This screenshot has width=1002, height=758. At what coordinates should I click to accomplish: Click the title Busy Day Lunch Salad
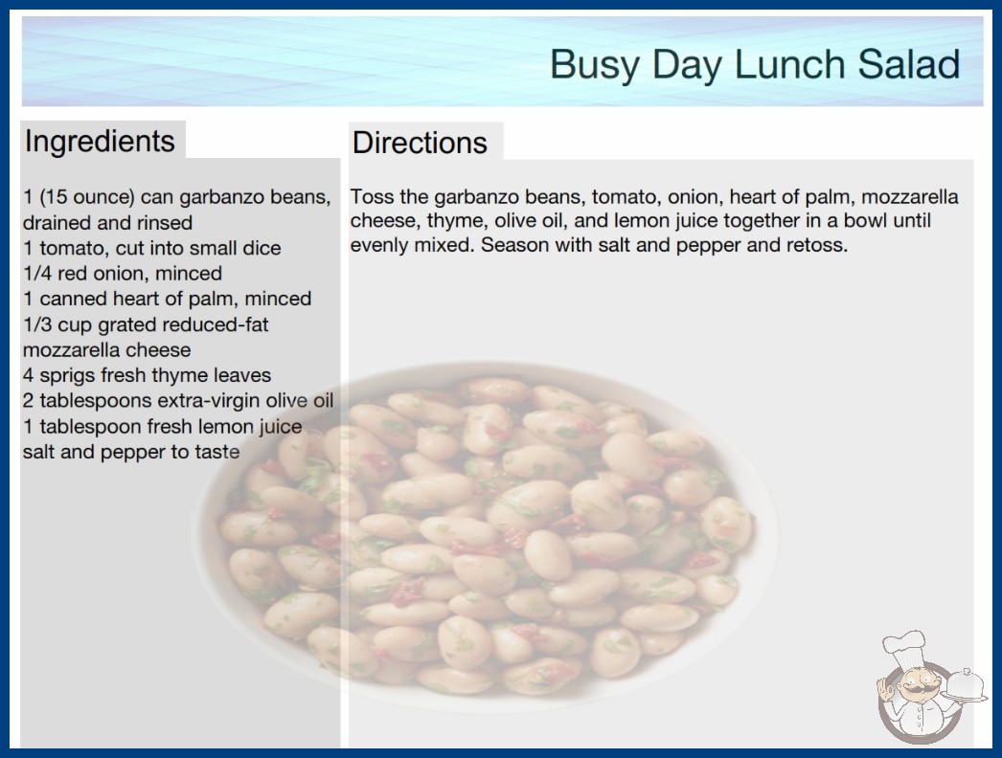(755, 64)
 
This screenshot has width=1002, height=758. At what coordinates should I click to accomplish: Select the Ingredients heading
(100, 142)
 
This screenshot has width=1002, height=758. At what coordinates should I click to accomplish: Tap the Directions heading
(420, 143)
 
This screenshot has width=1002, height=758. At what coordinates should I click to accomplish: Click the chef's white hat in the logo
(904, 648)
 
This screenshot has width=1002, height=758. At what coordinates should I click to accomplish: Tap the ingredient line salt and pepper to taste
(131, 452)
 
